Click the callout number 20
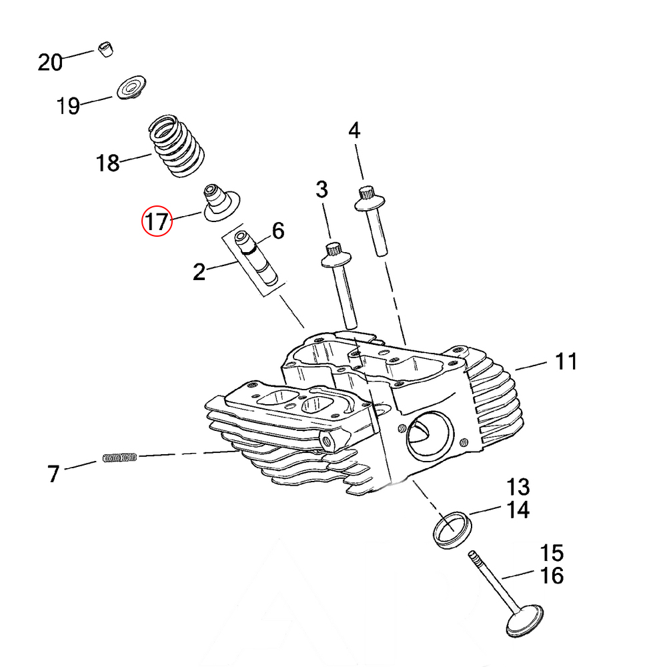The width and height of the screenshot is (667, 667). (49, 62)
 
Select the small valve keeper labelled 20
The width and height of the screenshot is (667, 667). (105, 50)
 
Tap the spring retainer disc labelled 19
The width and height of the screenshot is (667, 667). (131, 89)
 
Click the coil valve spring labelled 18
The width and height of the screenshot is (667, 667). (175, 147)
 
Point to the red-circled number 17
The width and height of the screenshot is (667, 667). (157, 221)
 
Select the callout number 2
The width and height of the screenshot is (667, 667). (199, 272)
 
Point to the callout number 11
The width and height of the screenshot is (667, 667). (566, 362)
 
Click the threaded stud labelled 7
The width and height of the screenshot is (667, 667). (120, 458)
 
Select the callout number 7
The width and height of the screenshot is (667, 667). (53, 474)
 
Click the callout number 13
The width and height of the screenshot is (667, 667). (518, 486)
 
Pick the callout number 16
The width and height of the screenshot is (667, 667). (552, 575)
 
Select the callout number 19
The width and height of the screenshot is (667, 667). (69, 105)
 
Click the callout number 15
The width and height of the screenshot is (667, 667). (552, 553)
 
